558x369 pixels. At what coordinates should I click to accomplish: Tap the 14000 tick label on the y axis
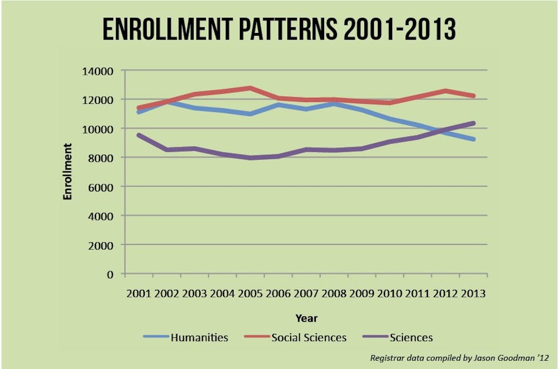tap(98, 71)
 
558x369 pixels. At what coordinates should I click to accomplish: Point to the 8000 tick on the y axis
tap(101, 158)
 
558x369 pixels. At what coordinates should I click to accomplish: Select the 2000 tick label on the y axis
tap(101, 245)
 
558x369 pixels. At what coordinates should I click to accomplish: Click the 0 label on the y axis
tap(110, 274)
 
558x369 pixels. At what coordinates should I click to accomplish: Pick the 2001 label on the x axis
tap(139, 294)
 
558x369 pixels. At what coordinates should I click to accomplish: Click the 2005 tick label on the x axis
tap(251, 294)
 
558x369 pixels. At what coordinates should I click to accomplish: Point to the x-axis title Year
tap(306, 318)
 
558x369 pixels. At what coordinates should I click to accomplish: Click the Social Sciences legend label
tap(309, 337)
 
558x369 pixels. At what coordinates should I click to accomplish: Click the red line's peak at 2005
tap(251, 88)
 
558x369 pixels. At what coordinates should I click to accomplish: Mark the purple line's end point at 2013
tap(474, 123)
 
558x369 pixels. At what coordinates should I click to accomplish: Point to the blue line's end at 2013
tap(474, 139)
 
